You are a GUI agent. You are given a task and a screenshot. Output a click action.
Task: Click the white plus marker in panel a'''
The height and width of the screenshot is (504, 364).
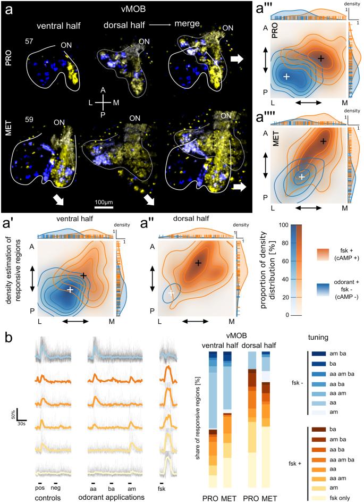[x=286, y=77]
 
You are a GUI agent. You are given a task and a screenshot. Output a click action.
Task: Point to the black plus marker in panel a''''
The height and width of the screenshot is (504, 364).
[x=323, y=141]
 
